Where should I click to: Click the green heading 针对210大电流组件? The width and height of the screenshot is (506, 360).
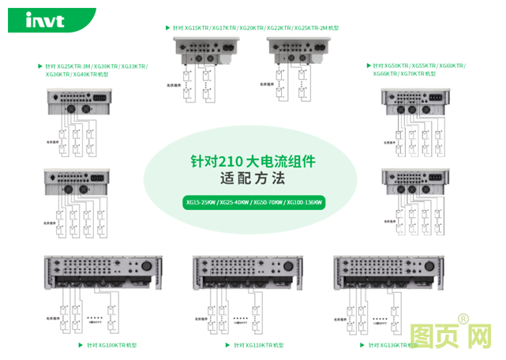click(x=253, y=161)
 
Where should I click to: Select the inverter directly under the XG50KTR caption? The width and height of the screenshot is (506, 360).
click(x=415, y=100)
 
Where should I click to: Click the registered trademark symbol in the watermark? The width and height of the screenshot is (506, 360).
click(x=463, y=319)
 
